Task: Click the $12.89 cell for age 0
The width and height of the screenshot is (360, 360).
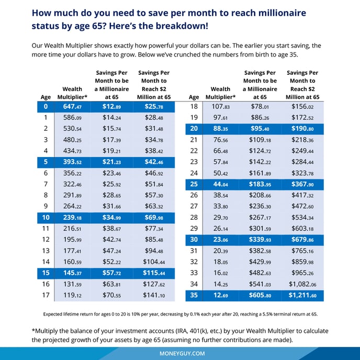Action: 111,107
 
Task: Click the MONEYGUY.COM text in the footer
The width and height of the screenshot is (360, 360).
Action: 179,353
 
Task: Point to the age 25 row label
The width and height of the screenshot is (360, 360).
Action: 194,184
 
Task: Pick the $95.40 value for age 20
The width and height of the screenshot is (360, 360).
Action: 260,128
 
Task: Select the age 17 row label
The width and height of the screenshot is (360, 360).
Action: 46,296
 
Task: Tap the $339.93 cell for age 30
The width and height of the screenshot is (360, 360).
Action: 260,240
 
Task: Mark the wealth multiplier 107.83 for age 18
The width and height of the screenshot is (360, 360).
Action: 220,107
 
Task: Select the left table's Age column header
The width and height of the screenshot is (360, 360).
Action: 46,97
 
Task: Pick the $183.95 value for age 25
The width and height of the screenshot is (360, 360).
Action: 260,184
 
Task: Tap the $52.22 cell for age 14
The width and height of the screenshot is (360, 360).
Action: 111,262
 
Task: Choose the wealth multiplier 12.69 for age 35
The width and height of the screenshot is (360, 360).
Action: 220,296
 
